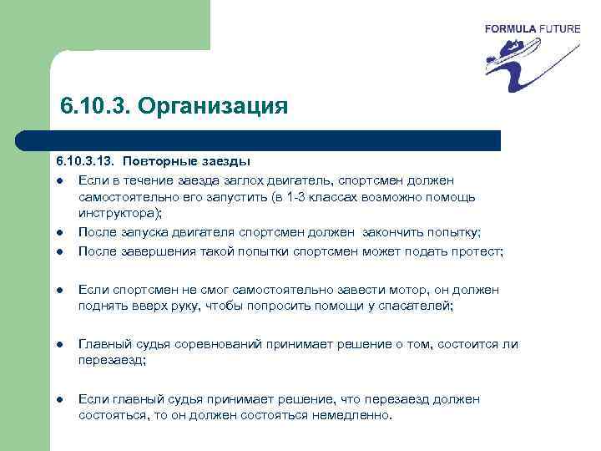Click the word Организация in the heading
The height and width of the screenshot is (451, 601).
[213, 107]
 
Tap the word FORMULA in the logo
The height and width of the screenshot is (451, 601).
[511, 29]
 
